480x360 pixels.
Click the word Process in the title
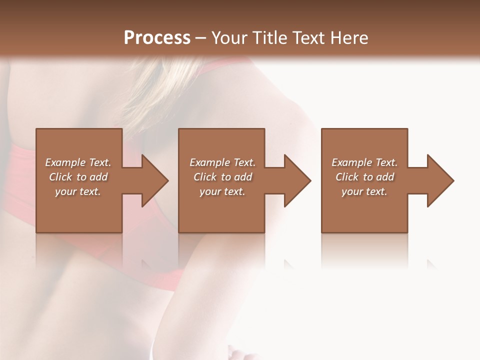(157, 37)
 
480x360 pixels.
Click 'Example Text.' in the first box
(78, 162)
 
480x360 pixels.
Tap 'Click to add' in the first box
(78, 177)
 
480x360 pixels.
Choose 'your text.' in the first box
(78, 191)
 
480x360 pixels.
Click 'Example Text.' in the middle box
(222, 162)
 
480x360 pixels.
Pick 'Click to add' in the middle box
(222, 177)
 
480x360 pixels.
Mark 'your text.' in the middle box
(222, 191)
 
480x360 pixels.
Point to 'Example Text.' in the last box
(364, 162)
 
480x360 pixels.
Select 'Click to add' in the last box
(364, 177)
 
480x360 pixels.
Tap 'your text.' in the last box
(364, 191)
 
